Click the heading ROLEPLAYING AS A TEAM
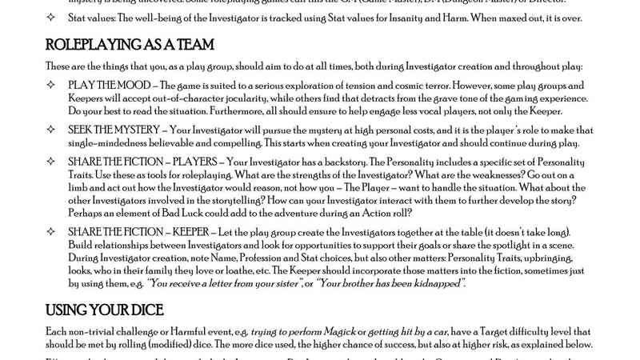[x=130, y=45]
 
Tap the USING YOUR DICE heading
[x=98, y=309]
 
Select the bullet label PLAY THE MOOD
[x=110, y=85]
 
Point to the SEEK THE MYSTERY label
[x=118, y=130]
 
